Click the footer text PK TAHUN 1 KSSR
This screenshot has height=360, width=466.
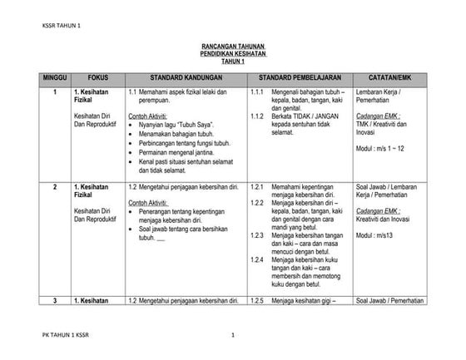point(67,336)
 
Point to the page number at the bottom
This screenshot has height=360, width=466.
point(235,336)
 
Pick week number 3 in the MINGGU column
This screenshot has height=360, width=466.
point(55,299)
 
